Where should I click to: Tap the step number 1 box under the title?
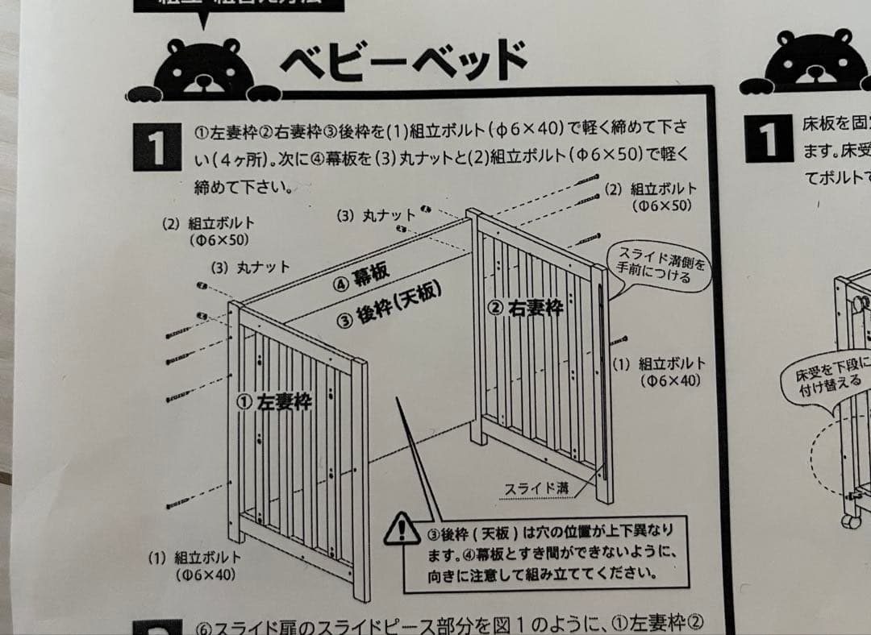[x=156, y=145]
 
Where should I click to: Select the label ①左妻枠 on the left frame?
[x=275, y=401]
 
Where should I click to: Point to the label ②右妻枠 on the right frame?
[x=525, y=306]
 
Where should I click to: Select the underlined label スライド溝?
[x=536, y=488]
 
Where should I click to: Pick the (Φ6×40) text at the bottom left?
[x=205, y=575]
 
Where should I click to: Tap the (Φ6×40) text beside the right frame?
[x=672, y=381]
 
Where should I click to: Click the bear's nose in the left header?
[x=202, y=81]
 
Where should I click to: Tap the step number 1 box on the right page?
[x=767, y=138]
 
